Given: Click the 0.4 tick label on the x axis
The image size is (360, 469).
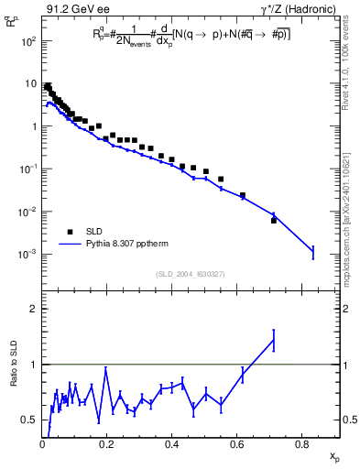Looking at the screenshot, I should pyautogui.click(x=172, y=444).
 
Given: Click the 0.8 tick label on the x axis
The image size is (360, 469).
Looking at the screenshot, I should pyautogui.click(x=302, y=444).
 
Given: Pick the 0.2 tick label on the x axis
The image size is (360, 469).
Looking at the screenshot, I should pyautogui.click(x=107, y=444).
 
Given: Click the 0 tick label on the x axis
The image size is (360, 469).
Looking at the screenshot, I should pyautogui.click(x=42, y=444).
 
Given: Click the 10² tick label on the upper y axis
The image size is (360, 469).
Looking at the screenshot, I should pyautogui.click(x=28, y=42).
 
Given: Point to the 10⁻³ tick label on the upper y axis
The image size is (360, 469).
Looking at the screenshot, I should pyautogui.click(x=28, y=254).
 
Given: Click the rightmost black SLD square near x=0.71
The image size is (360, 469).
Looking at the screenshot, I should pyautogui.click(x=274, y=220).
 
